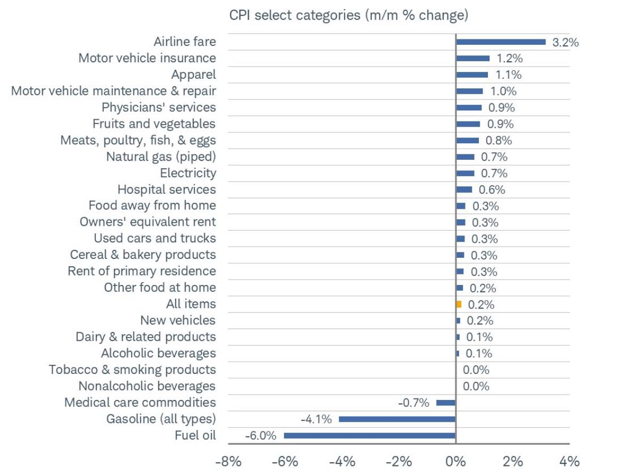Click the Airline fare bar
(501, 42)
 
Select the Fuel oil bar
(370, 435)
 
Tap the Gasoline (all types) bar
(397, 419)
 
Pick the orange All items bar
(459, 304)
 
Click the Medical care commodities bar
(446, 403)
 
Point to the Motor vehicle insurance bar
(472, 58)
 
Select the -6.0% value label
(260, 436)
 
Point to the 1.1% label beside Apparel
(508, 75)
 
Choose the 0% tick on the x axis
(456, 461)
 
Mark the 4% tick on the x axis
(569, 461)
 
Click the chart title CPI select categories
(348, 15)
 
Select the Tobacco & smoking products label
(132, 370)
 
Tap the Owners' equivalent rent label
(148, 222)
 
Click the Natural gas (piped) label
(161, 157)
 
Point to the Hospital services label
(166, 190)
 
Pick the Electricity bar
(465, 173)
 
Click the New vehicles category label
(177, 321)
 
